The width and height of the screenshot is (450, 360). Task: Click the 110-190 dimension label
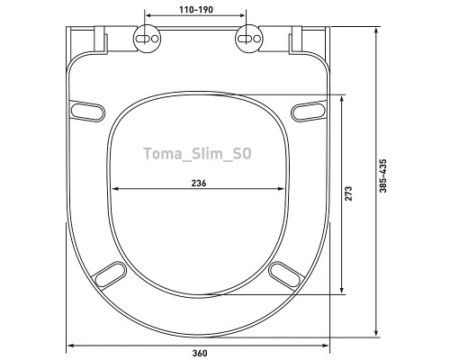tap(196, 10)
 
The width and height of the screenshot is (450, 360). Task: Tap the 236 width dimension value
tap(199, 183)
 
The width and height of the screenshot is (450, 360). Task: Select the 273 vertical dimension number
tap(348, 193)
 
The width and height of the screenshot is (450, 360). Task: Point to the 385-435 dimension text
tap(383, 175)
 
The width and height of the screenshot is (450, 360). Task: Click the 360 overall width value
tap(200, 353)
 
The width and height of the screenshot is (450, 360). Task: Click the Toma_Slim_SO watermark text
tap(198, 154)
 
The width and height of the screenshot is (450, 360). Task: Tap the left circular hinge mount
tap(147, 39)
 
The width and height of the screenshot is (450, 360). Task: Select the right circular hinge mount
tap(248, 39)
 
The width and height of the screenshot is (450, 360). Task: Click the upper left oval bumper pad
tap(86, 112)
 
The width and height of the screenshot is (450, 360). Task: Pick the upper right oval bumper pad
tap(309, 112)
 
